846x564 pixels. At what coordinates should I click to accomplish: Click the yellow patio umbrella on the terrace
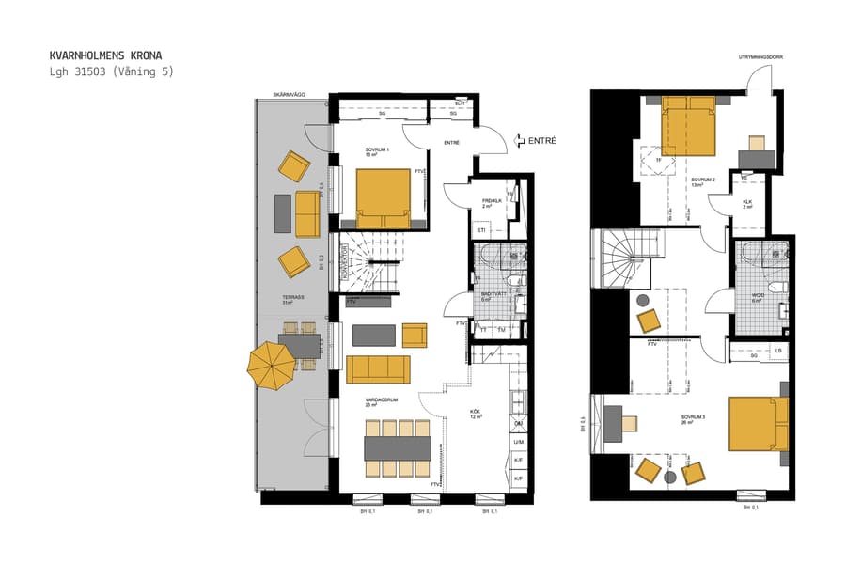269,366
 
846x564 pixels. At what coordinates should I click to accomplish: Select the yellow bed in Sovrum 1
383,193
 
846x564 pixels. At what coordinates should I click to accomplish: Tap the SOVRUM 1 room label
378,149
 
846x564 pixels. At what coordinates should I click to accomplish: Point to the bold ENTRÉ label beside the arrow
542,140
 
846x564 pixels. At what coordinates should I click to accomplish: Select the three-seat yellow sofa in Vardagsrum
378,368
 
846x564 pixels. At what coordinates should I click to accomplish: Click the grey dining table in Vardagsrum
397,448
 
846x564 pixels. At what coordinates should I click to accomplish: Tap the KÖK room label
475,412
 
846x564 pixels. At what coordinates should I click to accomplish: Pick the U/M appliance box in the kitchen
518,442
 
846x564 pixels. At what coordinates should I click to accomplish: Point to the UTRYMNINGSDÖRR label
760,57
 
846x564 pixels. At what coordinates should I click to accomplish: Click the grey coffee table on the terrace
282,212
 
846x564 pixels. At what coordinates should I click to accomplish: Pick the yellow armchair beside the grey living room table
414,335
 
